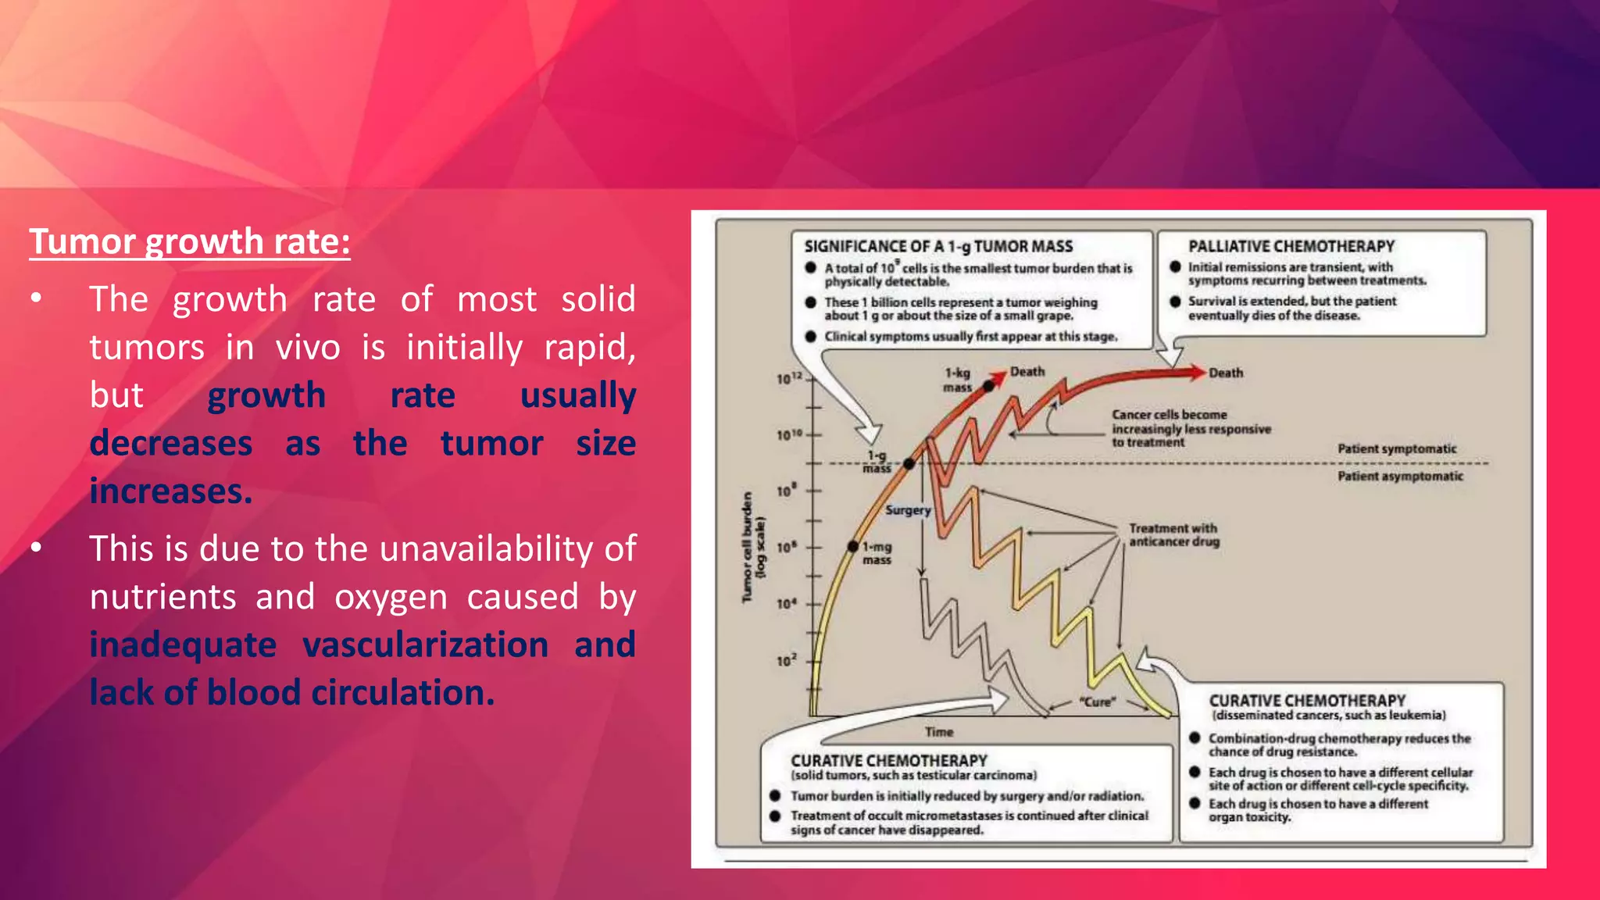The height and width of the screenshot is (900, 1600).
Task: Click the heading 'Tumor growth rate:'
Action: click(190, 241)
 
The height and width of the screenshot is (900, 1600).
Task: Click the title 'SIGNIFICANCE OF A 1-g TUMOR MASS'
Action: click(938, 246)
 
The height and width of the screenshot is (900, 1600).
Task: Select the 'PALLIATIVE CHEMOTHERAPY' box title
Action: click(1291, 246)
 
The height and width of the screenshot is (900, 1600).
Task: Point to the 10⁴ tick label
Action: click(786, 604)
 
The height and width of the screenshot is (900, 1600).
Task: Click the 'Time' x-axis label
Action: click(939, 732)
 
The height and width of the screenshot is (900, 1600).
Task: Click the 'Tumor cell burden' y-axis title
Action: click(748, 547)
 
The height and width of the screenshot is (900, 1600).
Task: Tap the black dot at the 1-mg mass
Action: click(854, 546)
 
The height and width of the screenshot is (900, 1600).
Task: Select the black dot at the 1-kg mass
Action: click(989, 385)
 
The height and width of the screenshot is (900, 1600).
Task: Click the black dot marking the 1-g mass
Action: click(909, 464)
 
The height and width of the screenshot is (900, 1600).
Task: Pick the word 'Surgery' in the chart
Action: click(908, 510)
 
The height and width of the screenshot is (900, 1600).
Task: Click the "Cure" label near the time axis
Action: click(1098, 702)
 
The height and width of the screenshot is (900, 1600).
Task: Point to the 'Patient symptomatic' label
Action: click(1397, 448)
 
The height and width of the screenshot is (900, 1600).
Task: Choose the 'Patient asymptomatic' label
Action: click(1400, 476)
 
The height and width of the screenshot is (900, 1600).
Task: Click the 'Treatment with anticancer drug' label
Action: click(1173, 535)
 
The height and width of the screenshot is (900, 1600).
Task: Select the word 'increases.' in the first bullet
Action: click(171, 491)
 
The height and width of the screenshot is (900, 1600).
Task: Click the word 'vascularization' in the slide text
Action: click(425, 645)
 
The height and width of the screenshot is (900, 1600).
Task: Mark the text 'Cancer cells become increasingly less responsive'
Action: click(1191, 422)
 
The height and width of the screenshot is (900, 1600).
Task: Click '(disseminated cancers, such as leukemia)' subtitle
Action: click(1328, 716)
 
